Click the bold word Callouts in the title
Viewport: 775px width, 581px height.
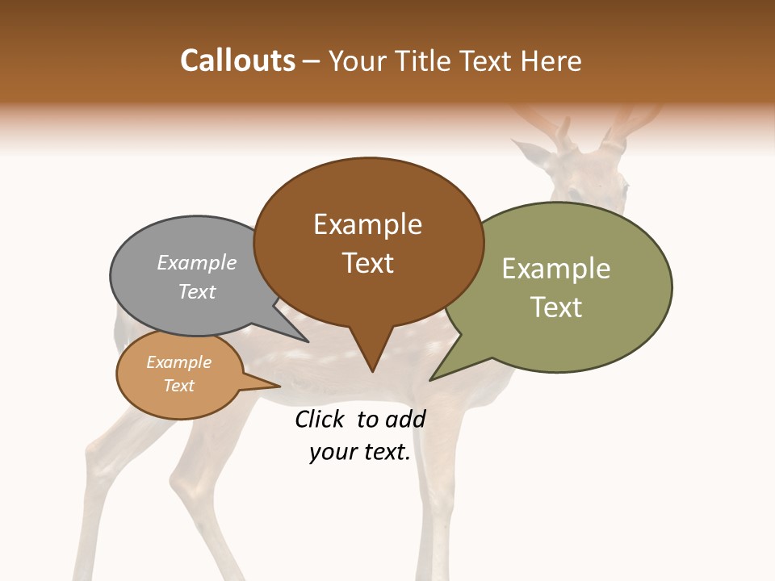click(237, 61)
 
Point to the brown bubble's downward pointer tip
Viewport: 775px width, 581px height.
click(372, 370)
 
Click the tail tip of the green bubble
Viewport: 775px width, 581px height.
click(431, 379)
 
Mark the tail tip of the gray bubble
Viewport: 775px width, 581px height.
click(308, 341)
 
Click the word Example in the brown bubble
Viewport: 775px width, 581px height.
click(367, 224)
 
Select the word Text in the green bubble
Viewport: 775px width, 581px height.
click(556, 307)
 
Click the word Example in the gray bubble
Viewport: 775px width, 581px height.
click(197, 262)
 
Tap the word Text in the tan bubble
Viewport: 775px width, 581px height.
click(178, 386)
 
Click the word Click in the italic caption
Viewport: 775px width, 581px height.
click(320, 419)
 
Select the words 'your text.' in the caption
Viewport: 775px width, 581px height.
click(360, 452)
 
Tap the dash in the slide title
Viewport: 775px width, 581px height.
click(312, 61)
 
